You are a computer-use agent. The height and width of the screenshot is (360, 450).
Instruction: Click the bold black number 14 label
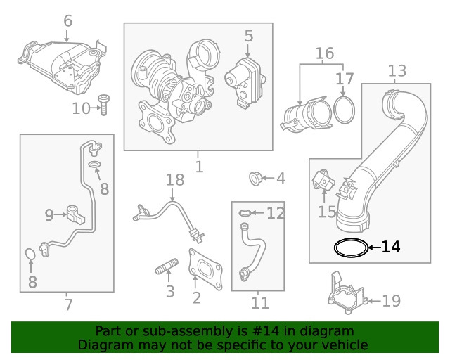pyautogui.click(x=391, y=247)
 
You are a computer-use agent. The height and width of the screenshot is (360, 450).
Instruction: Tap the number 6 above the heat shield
pyautogui.click(x=67, y=21)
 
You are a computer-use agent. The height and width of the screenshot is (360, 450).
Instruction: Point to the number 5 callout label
pyautogui.click(x=248, y=35)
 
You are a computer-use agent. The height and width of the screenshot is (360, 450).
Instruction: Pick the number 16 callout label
pyautogui.click(x=324, y=53)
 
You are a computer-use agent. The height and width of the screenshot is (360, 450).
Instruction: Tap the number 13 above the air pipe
pyautogui.click(x=397, y=71)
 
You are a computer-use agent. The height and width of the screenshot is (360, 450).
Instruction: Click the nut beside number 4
pyautogui.click(x=257, y=179)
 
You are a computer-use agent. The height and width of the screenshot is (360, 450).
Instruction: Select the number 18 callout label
pyautogui.click(x=174, y=181)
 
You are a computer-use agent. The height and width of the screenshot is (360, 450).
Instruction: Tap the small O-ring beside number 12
pyautogui.click(x=243, y=212)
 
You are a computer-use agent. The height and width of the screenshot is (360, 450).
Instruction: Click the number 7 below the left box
pyautogui.click(x=67, y=305)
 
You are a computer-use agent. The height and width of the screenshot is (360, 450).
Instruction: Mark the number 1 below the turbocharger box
pyautogui.click(x=199, y=167)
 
